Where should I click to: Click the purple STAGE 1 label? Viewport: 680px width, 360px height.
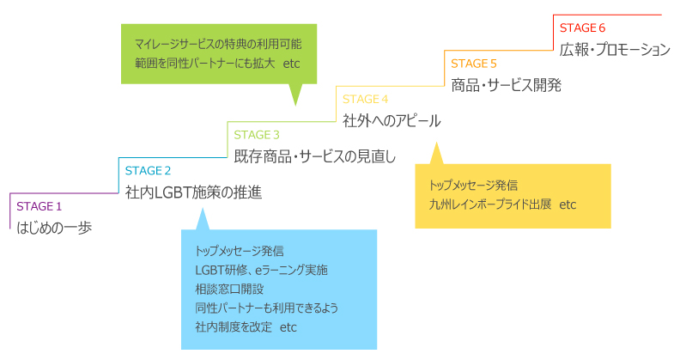click(x=39, y=206)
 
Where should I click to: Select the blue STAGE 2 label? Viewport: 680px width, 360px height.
click(x=148, y=170)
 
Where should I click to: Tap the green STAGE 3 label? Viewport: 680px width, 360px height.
click(x=257, y=134)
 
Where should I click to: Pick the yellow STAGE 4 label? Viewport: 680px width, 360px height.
click(x=366, y=99)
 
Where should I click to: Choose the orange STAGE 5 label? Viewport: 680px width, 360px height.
click(x=474, y=63)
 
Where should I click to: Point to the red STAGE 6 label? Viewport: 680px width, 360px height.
click(x=583, y=27)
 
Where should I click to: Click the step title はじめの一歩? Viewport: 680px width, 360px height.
click(x=54, y=228)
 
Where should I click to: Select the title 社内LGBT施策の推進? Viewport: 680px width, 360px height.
click(x=193, y=192)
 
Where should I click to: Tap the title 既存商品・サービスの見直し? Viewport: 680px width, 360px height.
click(x=315, y=156)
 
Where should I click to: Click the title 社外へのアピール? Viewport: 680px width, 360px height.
click(x=392, y=120)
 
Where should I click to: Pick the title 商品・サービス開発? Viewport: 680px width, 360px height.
click(x=507, y=84)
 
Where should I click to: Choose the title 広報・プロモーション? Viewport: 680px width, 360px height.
click(x=615, y=49)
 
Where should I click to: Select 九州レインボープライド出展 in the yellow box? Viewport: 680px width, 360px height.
click(x=491, y=205)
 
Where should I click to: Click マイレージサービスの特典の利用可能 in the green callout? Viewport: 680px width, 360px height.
click(x=218, y=43)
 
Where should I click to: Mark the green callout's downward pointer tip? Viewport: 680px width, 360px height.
click(x=295, y=105)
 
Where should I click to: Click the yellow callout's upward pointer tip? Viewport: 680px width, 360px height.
click(x=435, y=143)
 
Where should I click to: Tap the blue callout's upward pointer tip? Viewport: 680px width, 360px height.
click(x=202, y=209)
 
